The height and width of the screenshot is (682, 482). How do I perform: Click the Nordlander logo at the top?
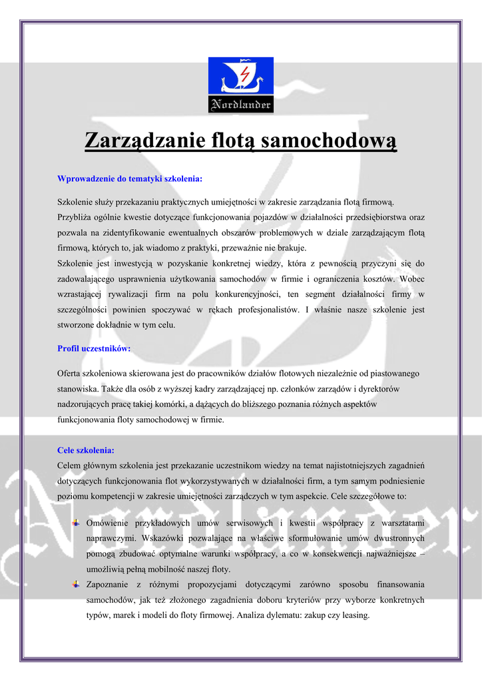tap(241, 85)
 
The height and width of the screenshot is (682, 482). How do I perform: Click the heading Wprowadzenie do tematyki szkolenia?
tap(130, 178)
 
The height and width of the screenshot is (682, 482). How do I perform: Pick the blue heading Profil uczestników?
tap(94, 348)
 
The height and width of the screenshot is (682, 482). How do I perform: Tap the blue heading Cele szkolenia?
tap(86, 450)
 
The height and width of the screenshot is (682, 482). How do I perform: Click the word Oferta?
tap(70, 374)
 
